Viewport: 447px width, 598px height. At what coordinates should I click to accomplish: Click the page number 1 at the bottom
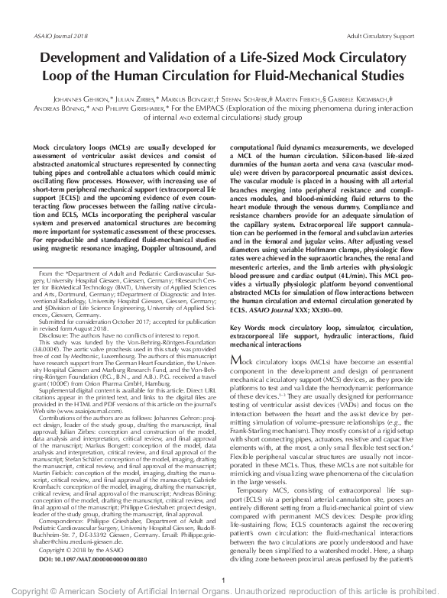[222, 580]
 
